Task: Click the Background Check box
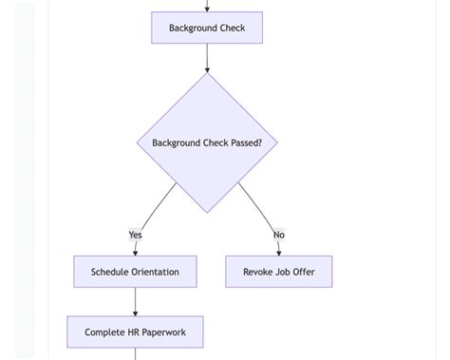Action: [207, 28]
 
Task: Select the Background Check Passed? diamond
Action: [207, 142]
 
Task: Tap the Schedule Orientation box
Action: [135, 272]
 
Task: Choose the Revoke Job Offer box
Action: [279, 272]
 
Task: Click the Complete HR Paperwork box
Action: [135, 332]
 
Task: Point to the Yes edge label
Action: [135, 235]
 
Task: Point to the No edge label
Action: [278, 235]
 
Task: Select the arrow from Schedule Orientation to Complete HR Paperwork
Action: [135, 301]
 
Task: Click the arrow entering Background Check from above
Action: [207, 6]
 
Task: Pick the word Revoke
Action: [258, 273]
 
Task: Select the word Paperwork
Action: [163, 333]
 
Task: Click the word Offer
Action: [304, 273]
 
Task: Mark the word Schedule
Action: [108, 273]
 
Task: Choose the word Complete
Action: [104, 333]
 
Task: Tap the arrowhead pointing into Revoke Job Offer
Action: [279, 252]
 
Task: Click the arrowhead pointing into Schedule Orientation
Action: [135, 252]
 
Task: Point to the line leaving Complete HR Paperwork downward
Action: [135, 354]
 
